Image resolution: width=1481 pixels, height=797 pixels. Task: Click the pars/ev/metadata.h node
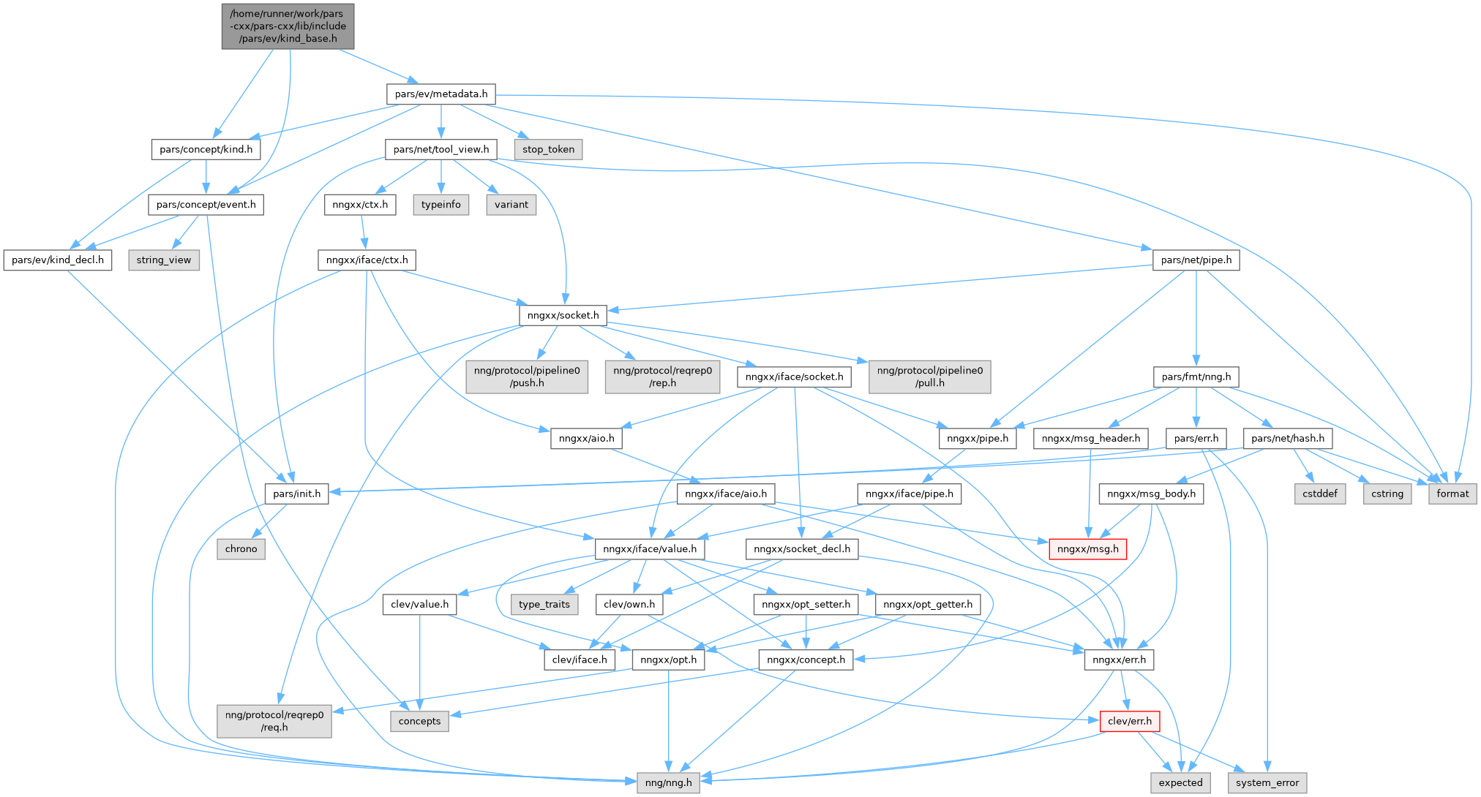pyautogui.click(x=440, y=94)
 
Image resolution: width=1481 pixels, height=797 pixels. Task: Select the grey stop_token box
pyautogui.click(x=548, y=149)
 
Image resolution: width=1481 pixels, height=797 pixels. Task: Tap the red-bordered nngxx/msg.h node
pyautogui.click(x=1087, y=549)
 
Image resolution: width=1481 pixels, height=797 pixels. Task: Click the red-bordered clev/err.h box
pyautogui.click(x=1129, y=721)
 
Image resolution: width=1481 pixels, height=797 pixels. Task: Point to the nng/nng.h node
pyautogui.click(x=669, y=782)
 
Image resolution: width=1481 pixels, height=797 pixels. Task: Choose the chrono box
pyautogui.click(x=241, y=549)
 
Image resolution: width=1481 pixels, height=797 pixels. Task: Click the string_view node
pyautogui.click(x=163, y=260)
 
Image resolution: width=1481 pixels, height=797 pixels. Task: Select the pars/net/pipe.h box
pyautogui.click(x=1196, y=260)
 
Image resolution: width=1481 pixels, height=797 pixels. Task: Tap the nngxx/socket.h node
pyautogui.click(x=563, y=315)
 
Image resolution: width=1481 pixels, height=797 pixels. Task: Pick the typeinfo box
pyautogui.click(x=440, y=205)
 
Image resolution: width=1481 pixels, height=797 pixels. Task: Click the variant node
pyautogui.click(x=511, y=205)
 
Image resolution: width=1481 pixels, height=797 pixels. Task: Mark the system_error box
pyautogui.click(x=1267, y=782)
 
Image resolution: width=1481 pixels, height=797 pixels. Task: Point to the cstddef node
pyautogui.click(x=1320, y=494)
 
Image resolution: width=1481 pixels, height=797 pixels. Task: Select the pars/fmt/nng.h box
pyautogui.click(x=1196, y=377)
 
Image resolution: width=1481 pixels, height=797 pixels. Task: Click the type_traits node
pyautogui.click(x=544, y=604)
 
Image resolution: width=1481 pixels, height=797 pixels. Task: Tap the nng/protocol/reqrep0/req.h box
pyautogui.click(x=274, y=721)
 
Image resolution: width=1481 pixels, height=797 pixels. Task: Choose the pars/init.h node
pyautogui.click(x=296, y=494)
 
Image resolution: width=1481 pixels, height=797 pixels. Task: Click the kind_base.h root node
pyautogui.click(x=288, y=26)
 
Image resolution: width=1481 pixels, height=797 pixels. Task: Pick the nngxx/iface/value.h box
pyautogui.click(x=650, y=549)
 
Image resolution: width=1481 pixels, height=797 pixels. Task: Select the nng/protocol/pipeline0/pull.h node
pyautogui.click(x=929, y=377)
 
